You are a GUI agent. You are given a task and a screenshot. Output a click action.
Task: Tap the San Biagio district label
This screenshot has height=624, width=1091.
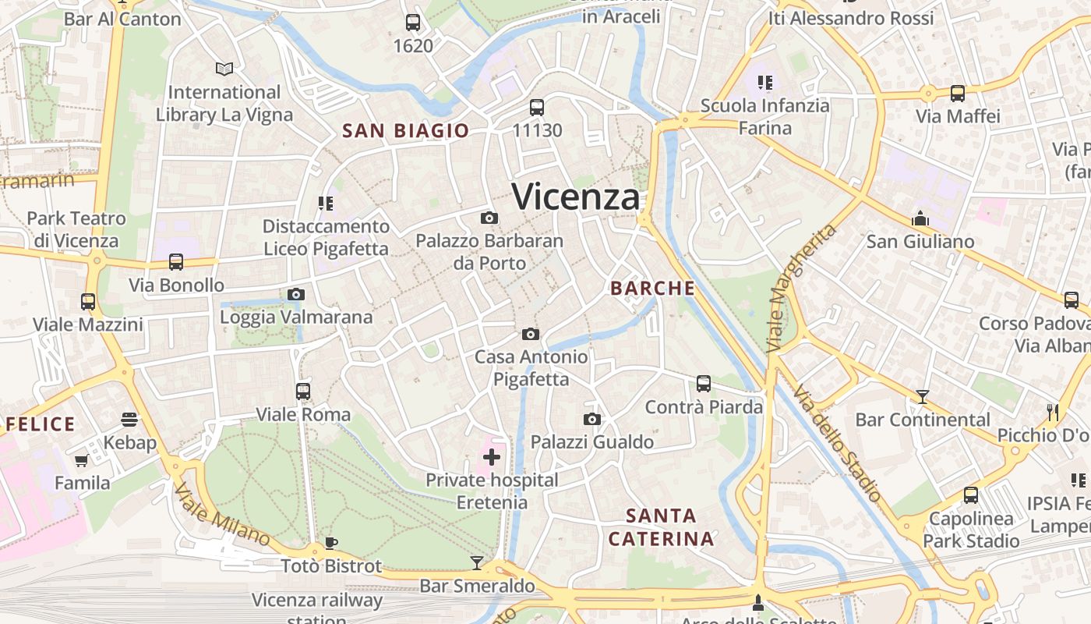(x=406, y=131)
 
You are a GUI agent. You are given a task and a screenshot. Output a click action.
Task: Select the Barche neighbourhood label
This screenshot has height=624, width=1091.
(x=652, y=289)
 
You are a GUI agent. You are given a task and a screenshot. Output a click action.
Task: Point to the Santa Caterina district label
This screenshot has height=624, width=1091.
(x=661, y=527)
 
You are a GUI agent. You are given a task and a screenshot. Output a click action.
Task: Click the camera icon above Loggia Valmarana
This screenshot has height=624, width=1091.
(x=296, y=294)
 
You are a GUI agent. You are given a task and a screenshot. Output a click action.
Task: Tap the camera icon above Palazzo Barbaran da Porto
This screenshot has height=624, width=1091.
(x=489, y=218)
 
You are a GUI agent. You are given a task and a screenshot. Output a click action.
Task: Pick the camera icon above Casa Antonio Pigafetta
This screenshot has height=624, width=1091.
(x=531, y=334)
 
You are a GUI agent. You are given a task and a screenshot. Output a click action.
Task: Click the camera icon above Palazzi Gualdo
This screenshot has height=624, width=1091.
(x=592, y=419)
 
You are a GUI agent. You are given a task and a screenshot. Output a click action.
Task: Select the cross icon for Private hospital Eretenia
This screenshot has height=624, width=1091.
(x=492, y=456)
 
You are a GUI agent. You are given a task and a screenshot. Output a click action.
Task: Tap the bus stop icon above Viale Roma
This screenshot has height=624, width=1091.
(x=303, y=391)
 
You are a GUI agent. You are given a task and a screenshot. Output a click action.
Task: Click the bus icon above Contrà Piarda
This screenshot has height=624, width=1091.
(x=704, y=383)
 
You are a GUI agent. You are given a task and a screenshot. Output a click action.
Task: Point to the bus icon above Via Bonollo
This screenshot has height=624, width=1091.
(x=176, y=262)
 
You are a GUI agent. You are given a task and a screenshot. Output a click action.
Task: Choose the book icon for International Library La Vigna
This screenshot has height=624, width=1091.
(x=224, y=69)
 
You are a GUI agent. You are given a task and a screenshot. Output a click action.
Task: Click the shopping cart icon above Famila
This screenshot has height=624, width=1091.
(x=82, y=460)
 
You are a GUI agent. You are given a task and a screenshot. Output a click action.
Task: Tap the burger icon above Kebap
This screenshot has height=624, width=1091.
(x=129, y=420)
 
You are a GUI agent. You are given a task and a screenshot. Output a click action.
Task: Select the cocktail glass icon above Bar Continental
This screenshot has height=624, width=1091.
(x=922, y=397)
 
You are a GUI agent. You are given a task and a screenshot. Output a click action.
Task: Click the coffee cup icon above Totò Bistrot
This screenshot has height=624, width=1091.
(x=331, y=543)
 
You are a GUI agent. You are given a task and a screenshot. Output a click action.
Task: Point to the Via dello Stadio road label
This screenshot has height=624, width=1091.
(x=837, y=441)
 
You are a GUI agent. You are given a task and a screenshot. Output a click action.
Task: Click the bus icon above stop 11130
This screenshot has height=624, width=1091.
(x=537, y=107)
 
